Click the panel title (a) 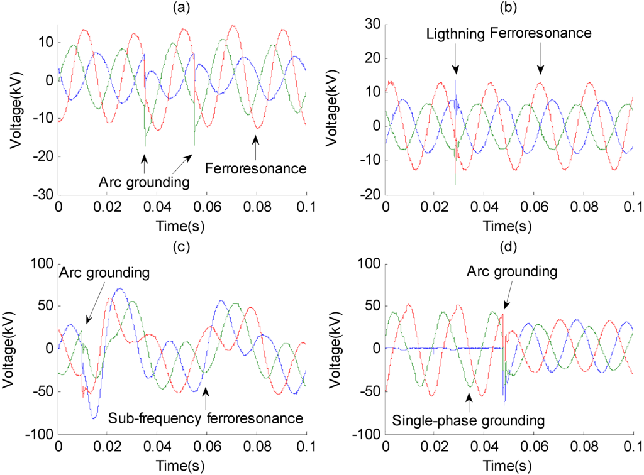pyautogui.click(x=182, y=8)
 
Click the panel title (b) pyautogui.click(x=510, y=8)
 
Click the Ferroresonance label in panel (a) pyautogui.click(x=256, y=168)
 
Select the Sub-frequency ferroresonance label pyautogui.click(x=206, y=418)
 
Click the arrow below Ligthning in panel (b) pyautogui.click(x=455, y=67)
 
